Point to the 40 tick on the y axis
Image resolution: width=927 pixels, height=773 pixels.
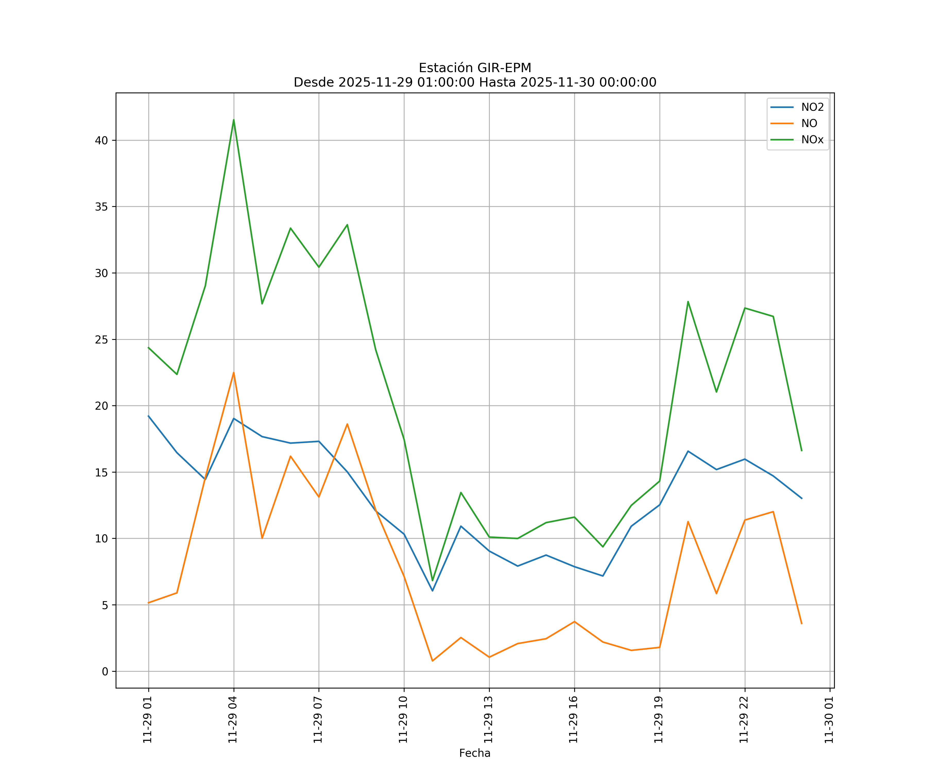pyautogui.click(x=101, y=140)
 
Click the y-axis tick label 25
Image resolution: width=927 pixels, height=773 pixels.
pyautogui.click(x=101, y=340)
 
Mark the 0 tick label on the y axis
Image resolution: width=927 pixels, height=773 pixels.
pyautogui.click(x=105, y=671)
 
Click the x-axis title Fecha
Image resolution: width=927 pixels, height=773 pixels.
pyautogui.click(x=475, y=753)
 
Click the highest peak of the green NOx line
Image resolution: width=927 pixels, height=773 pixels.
pyautogui.click(x=234, y=120)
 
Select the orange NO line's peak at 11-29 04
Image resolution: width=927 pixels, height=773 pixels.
pyautogui.click(x=234, y=372)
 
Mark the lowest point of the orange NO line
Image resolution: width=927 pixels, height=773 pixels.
pyautogui.click(x=433, y=661)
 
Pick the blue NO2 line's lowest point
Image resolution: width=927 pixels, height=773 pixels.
pyautogui.click(x=433, y=591)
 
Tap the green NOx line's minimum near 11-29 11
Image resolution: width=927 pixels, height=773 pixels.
pyautogui.click(x=433, y=581)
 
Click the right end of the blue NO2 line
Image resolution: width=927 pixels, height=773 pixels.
pyautogui.click(x=802, y=498)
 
